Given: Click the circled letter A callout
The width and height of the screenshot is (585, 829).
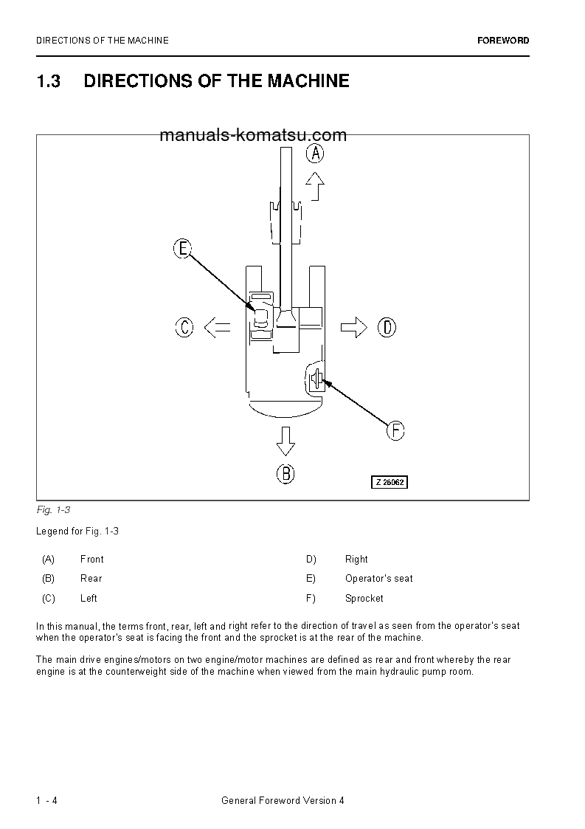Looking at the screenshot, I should tap(315, 154).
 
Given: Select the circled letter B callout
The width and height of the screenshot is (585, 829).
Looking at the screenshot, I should tap(285, 473).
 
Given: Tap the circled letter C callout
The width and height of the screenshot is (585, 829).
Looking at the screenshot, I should tap(184, 326).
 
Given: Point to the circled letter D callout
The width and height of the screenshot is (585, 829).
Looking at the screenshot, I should tap(387, 326).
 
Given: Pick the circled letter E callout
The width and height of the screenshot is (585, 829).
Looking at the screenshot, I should tap(183, 249).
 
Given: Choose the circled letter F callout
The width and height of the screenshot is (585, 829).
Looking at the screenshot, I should tap(396, 430).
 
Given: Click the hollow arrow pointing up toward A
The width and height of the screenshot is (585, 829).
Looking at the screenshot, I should tap(315, 187).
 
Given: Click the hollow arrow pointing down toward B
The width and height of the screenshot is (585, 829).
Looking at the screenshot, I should tap(285, 441).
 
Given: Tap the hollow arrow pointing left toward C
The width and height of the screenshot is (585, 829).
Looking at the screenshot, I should tap(217, 326).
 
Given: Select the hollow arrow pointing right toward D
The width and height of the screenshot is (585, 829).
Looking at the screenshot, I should tap(354, 326).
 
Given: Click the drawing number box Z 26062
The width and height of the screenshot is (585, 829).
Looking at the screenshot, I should tap(389, 482).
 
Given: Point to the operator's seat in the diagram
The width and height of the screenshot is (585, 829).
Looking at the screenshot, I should tap(262, 318).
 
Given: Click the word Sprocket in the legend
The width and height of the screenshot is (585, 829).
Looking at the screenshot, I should tap(364, 598).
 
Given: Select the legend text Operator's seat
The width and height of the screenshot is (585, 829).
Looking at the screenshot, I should tap(378, 578).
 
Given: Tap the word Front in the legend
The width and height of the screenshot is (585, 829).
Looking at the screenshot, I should tap(91, 559).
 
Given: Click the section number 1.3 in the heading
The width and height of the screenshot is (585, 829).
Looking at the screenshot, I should tap(48, 81).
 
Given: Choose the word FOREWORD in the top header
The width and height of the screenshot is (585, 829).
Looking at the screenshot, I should tap(503, 41).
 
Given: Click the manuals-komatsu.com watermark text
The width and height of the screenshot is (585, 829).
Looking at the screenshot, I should tap(242, 135).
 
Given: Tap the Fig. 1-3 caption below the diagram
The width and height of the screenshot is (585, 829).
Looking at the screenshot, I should tap(52, 510).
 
